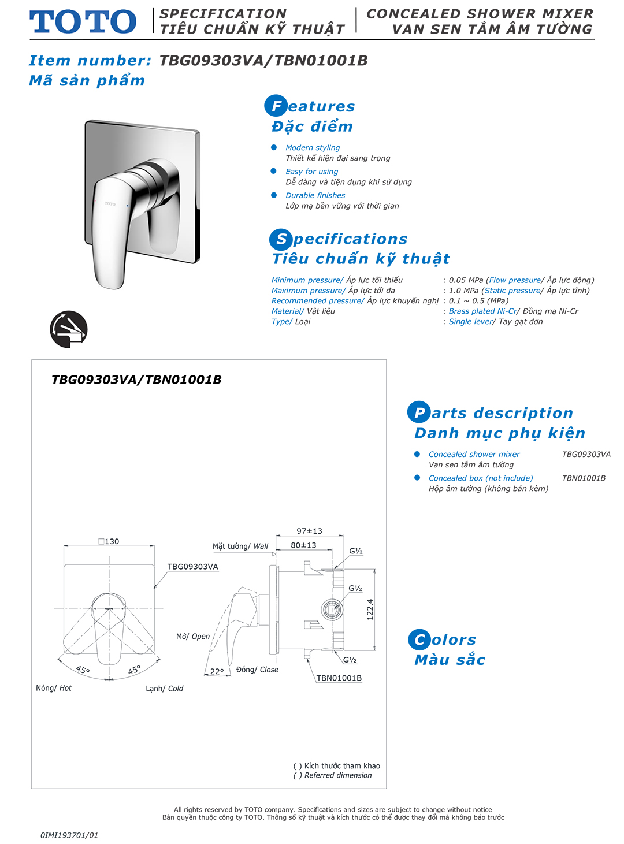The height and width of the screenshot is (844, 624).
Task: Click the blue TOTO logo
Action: coord(83,22)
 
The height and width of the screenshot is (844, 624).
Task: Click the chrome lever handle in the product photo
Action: coord(109,231)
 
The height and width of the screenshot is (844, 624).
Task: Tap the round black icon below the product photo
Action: coord(69,329)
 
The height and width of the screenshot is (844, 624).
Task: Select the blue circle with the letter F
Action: coord(276,106)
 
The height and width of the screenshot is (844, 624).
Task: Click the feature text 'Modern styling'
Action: coord(313,148)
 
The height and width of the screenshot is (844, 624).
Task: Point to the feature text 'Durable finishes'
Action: coord(315,195)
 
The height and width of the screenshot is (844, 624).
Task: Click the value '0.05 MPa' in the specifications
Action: coord(466,280)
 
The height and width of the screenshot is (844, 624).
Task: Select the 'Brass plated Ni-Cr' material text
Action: coord(483,311)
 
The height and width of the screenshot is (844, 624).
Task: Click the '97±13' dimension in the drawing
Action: coord(309,531)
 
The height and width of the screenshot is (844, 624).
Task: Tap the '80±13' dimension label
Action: coord(303,545)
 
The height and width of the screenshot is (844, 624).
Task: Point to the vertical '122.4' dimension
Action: coord(370,609)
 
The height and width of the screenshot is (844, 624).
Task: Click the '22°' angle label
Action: coord(217,671)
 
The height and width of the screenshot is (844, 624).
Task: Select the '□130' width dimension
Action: coord(109,541)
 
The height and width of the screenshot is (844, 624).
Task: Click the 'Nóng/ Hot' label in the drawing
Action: coord(54,688)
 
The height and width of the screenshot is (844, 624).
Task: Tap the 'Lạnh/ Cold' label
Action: coord(164,689)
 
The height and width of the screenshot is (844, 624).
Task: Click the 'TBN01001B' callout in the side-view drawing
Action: coord(339,678)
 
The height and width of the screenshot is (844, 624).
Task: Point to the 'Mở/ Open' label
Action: coord(193,637)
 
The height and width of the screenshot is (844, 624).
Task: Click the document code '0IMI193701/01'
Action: coord(69,835)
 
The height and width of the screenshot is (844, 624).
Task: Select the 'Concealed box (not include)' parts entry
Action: coord(481,478)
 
